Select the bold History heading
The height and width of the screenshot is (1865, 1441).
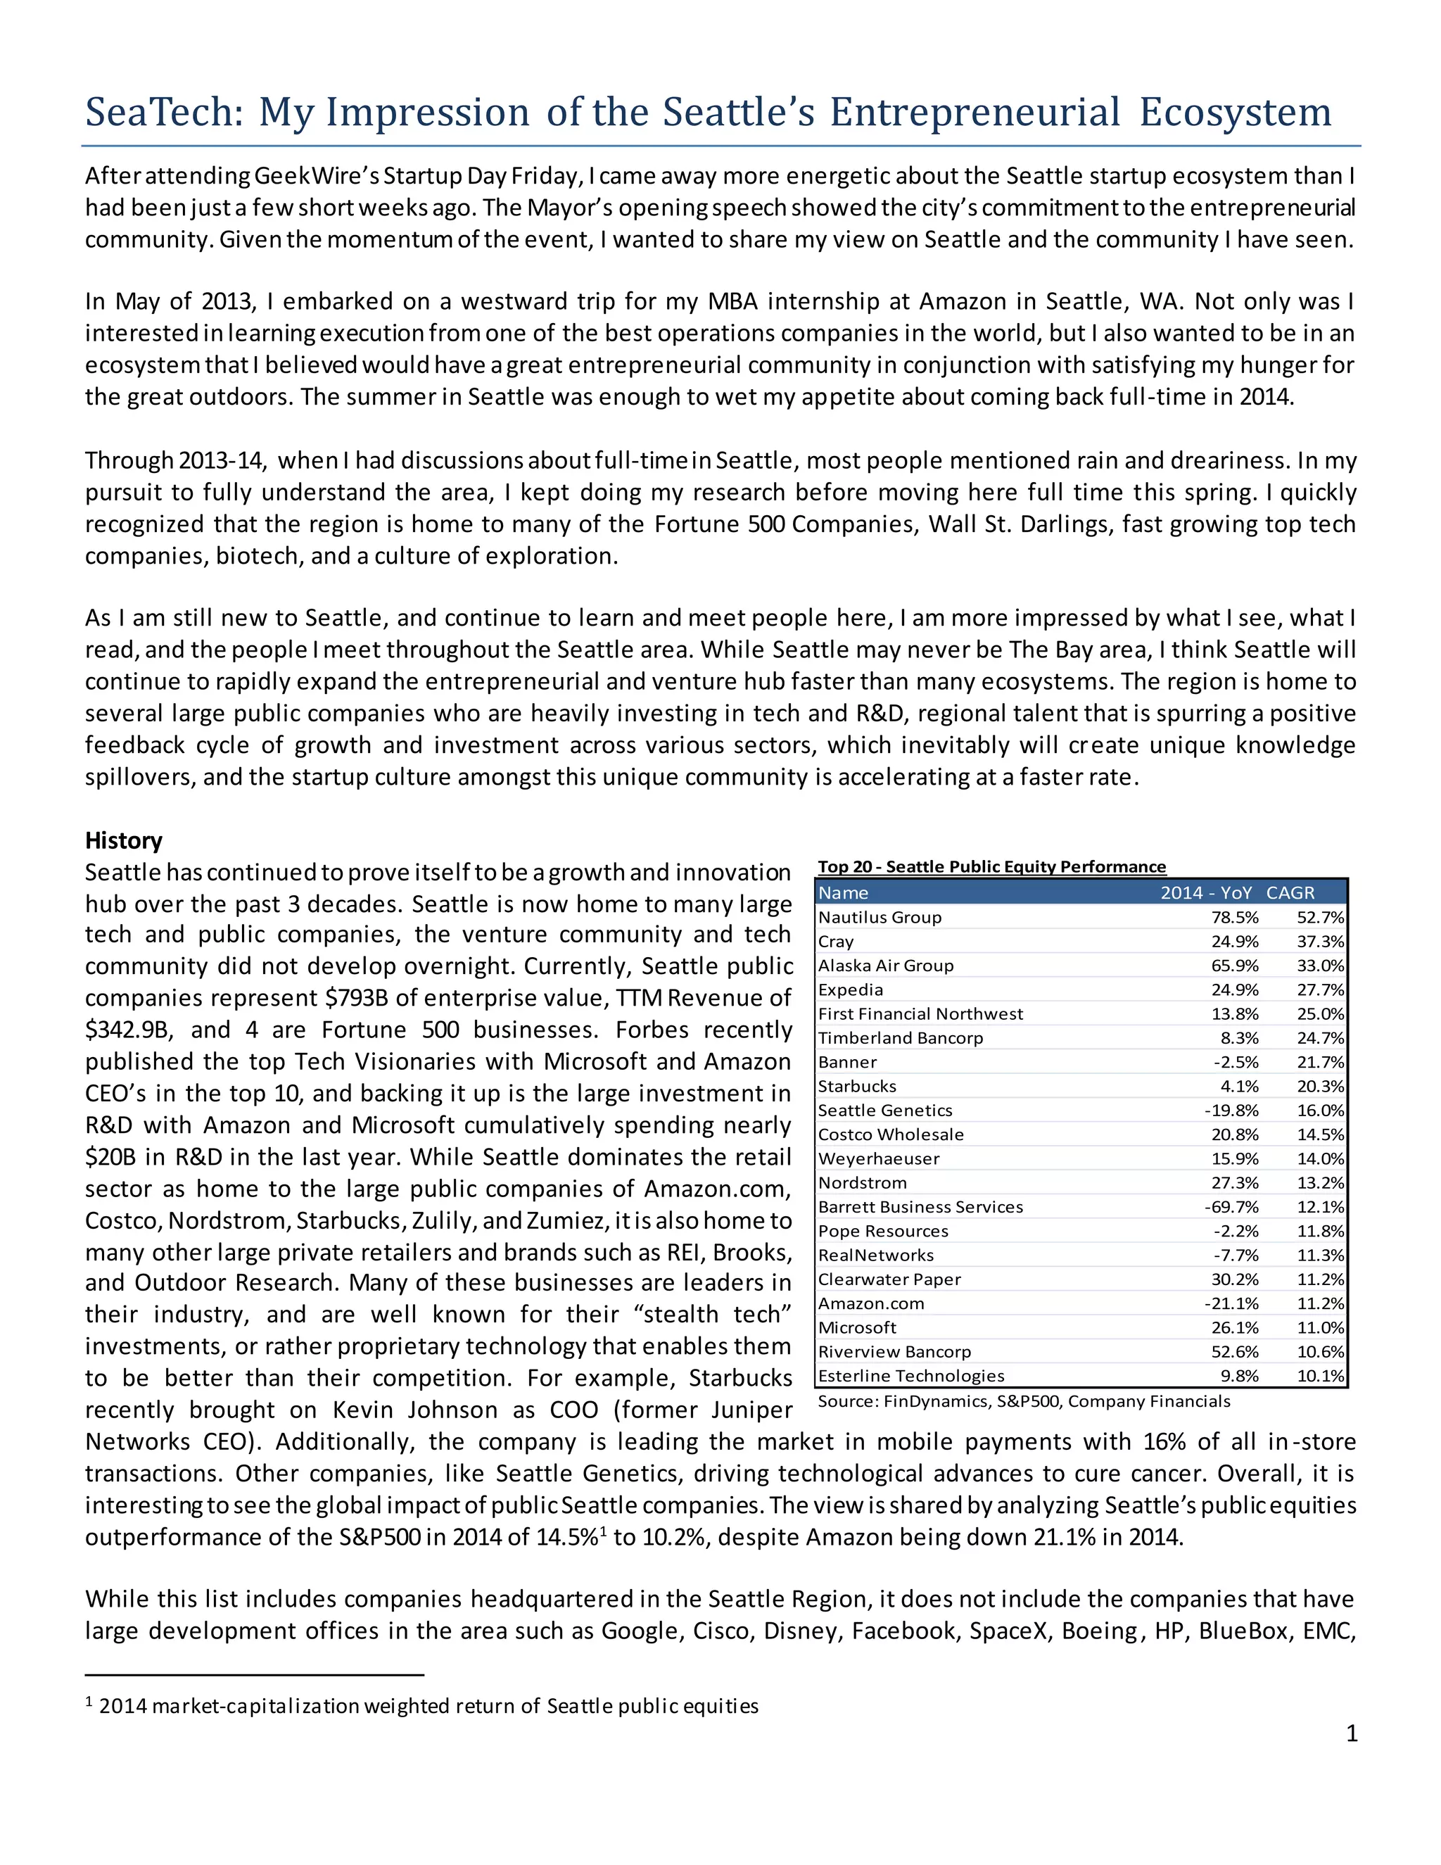tap(124, 840)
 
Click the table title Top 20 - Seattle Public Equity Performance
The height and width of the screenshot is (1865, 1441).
tap(991, 867)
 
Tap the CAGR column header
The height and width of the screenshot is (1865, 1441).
tap(1290, 893)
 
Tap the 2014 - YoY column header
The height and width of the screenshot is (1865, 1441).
tap(1205, 893)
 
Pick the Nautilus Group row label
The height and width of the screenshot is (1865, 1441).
tap(880, 917)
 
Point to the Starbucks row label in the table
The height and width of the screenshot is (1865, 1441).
tap(857, 1086)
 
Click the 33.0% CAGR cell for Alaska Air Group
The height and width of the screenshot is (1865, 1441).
tap(1321, 966)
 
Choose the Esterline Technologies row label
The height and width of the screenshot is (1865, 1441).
tap(911, 1376)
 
